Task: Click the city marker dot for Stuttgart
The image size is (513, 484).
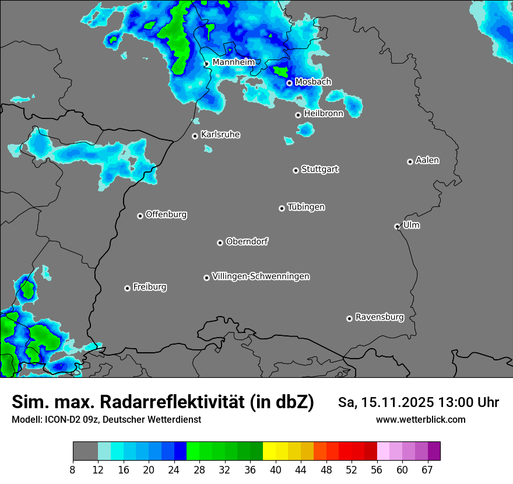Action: pyautogui.click(x=296, y=170)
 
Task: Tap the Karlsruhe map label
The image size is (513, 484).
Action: pyautogui.click(x=220, y=135)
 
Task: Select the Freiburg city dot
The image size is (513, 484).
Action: pyautogui.click(x=127, y=288)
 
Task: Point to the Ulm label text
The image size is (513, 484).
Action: pyautogui.click(x=411, y=225)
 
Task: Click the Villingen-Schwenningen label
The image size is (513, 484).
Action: pyautogui.click(x=261, y=276)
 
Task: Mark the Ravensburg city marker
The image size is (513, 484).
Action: pyautogui.click(x=350, y=318)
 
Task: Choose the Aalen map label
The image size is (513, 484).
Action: pyautogui.click(x=427, y=160)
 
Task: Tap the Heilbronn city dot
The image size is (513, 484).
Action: pyautogui.click(x=298, y=115)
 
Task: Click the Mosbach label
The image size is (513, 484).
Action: pyautogui.click(x=313, y=82)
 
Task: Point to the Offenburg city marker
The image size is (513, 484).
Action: pyautogui.click(x=140, y=216)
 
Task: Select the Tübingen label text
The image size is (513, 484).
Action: pyautogui.click(x=306, y=207)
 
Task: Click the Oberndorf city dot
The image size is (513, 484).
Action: pyautogui.click(x=220, y=243)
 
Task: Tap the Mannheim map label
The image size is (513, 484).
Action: pyautogui.click(x=233, y=62)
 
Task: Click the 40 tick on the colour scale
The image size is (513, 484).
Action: pyautogui.click(x=275, y=470)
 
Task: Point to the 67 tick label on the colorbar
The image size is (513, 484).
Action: pyautogui.click(x=427, y=470)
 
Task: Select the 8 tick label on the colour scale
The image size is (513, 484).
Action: pyautogui.click(x=72, y=470)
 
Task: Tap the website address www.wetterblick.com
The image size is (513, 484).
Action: pyautogui.click(x=421, y=419)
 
